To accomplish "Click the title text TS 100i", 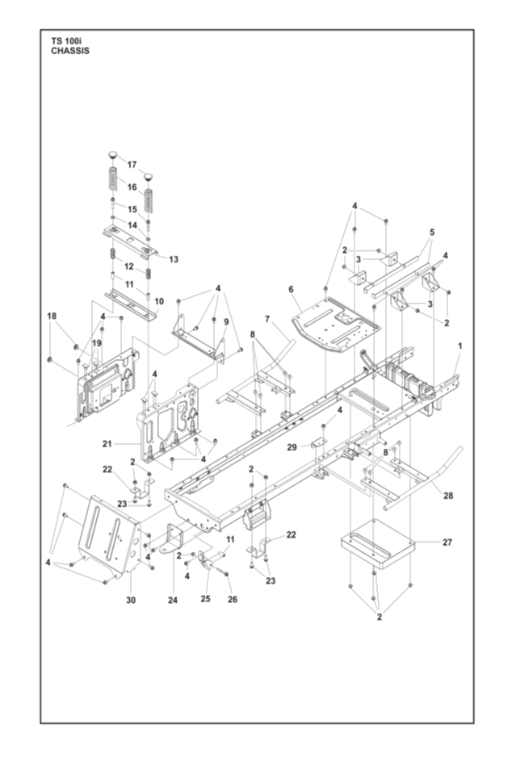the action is [67, 42].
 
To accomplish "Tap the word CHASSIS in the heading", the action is [70, 51].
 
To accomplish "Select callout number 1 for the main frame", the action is [460, 346].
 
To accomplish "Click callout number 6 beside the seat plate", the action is [292, 289].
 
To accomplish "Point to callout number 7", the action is [267, 319].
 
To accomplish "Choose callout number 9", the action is [226, 321].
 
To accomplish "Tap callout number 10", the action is [159, 301].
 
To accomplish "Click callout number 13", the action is [173, 259].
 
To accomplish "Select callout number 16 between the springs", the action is [132, 187].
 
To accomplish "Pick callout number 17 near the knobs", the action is [132, 165].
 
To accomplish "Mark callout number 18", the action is [52, 316].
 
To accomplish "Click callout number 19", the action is [97, 343].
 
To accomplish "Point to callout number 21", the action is [107, 443].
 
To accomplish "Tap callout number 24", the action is [173, 600].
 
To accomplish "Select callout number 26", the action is [233, 599].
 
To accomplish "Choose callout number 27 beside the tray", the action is [447, 542].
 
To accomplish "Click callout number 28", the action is [448, 496].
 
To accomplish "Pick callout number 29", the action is [292, 447].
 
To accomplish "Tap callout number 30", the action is [131, 600].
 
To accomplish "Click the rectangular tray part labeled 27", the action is [378, 544].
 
